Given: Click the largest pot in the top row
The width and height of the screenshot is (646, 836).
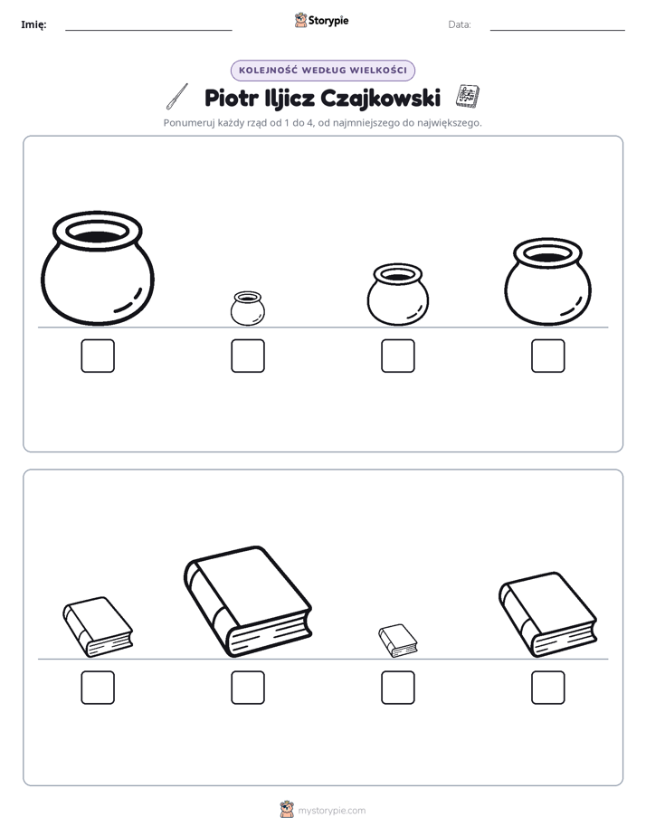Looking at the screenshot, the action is (x=98, y=268).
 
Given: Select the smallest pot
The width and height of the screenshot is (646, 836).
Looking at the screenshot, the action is (x=248, y=309).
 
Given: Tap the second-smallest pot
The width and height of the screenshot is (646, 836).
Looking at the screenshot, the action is (x=397, y=294).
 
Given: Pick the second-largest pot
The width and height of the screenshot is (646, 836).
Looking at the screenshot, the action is (x=548, y=281).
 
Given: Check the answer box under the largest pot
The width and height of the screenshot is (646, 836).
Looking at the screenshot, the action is (x=98, y=356).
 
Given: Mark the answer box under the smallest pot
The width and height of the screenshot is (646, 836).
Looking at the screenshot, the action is (x=248, y=356).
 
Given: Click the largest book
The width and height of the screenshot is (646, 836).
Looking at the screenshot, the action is (x=248, y=601).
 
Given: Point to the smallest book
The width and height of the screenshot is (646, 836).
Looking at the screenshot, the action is (x=398, y=641).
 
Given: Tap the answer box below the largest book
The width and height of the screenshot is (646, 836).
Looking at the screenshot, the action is (x=248, y=688).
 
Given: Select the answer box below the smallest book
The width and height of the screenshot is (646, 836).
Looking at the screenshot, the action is (x=398, y=688).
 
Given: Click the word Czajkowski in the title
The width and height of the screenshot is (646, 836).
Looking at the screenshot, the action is (x=381, y=99).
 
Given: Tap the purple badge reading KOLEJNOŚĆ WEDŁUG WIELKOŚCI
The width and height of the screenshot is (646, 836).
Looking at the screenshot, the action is (x=323, y=71).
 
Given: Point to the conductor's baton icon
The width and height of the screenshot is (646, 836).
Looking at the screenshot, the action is (x=177, y=97).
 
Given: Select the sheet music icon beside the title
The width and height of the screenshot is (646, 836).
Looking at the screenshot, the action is (x=468, y=96).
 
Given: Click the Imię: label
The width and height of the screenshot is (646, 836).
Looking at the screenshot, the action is (x=33, y=24).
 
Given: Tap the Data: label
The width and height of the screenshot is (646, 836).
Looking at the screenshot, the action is (x=460, y=24).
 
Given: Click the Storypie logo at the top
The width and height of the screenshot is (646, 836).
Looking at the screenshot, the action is (x=321, y=20).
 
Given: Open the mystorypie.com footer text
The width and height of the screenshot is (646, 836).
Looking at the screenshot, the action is (x=331, y=811).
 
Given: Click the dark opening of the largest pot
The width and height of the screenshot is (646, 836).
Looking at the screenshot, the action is (x=98, y=236).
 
